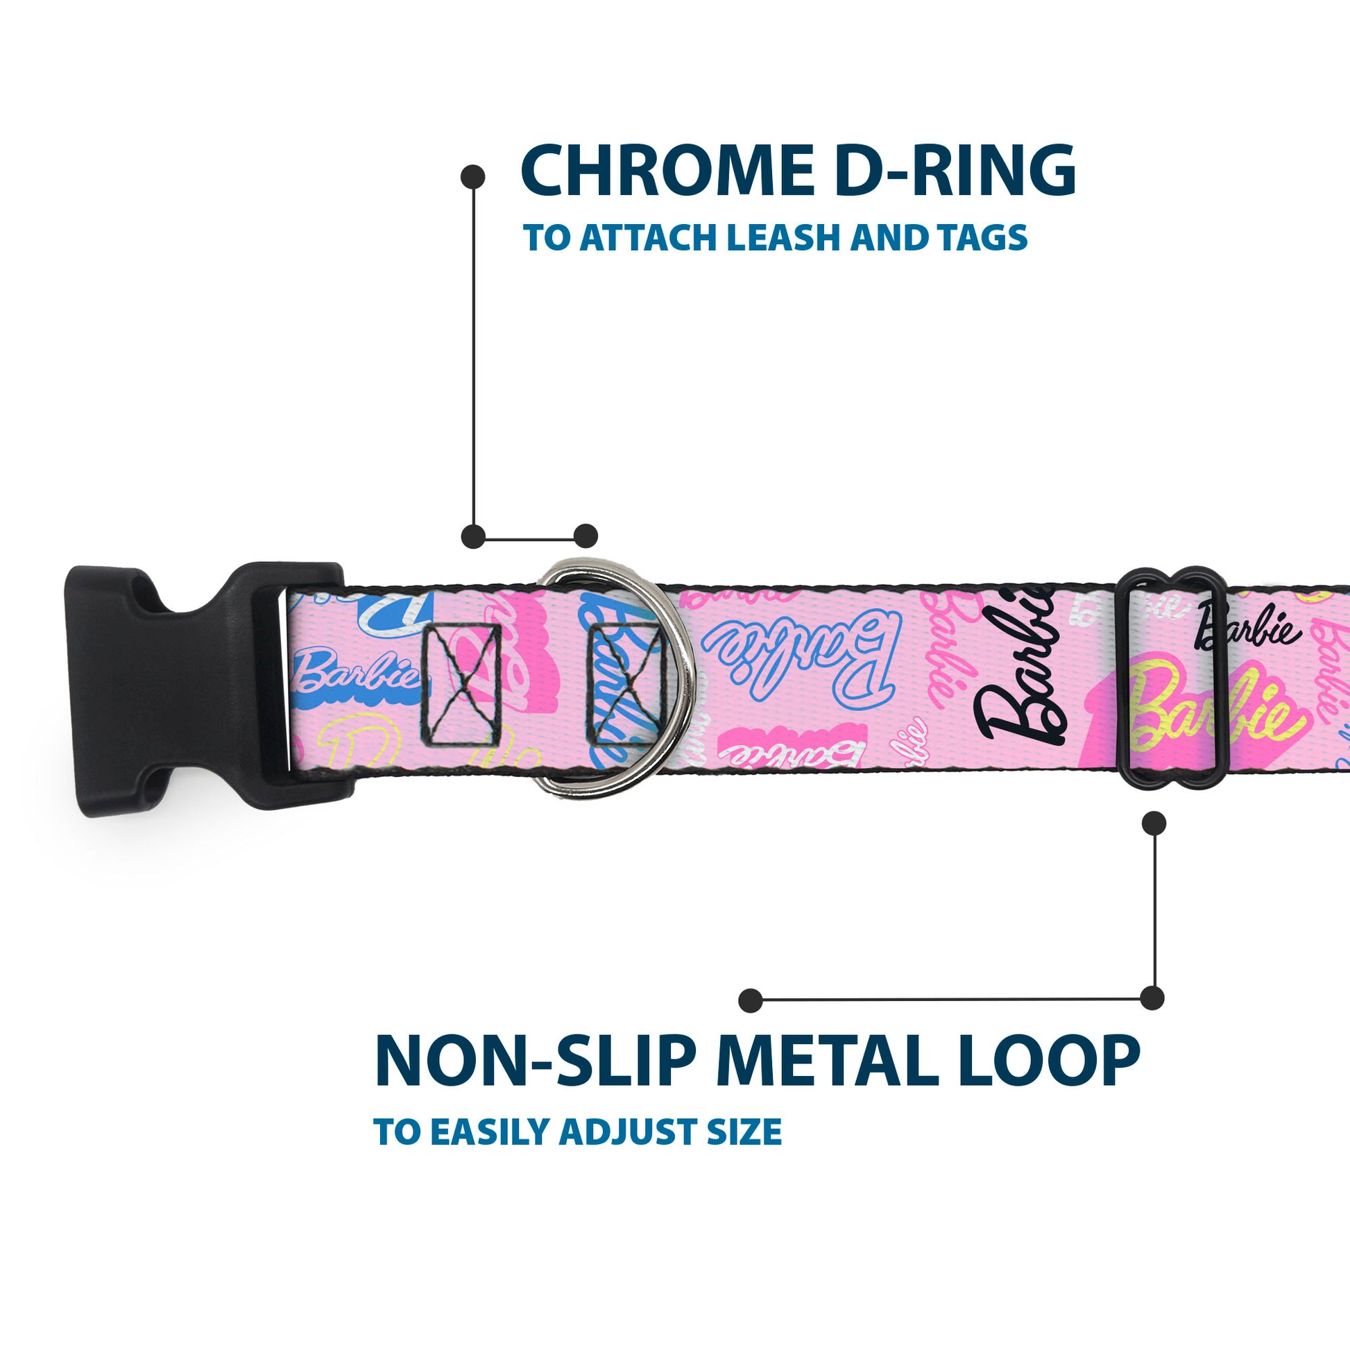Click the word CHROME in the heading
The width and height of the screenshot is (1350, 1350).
coord(667,171)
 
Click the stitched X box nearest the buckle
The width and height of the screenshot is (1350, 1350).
coord(461,684)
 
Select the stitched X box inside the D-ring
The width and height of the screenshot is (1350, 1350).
coord(624,684)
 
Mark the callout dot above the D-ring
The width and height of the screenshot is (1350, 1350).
coord(586,537)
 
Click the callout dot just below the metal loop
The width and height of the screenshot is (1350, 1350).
coord(1154,823)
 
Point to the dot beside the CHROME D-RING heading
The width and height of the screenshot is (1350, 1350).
coord(473,177)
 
